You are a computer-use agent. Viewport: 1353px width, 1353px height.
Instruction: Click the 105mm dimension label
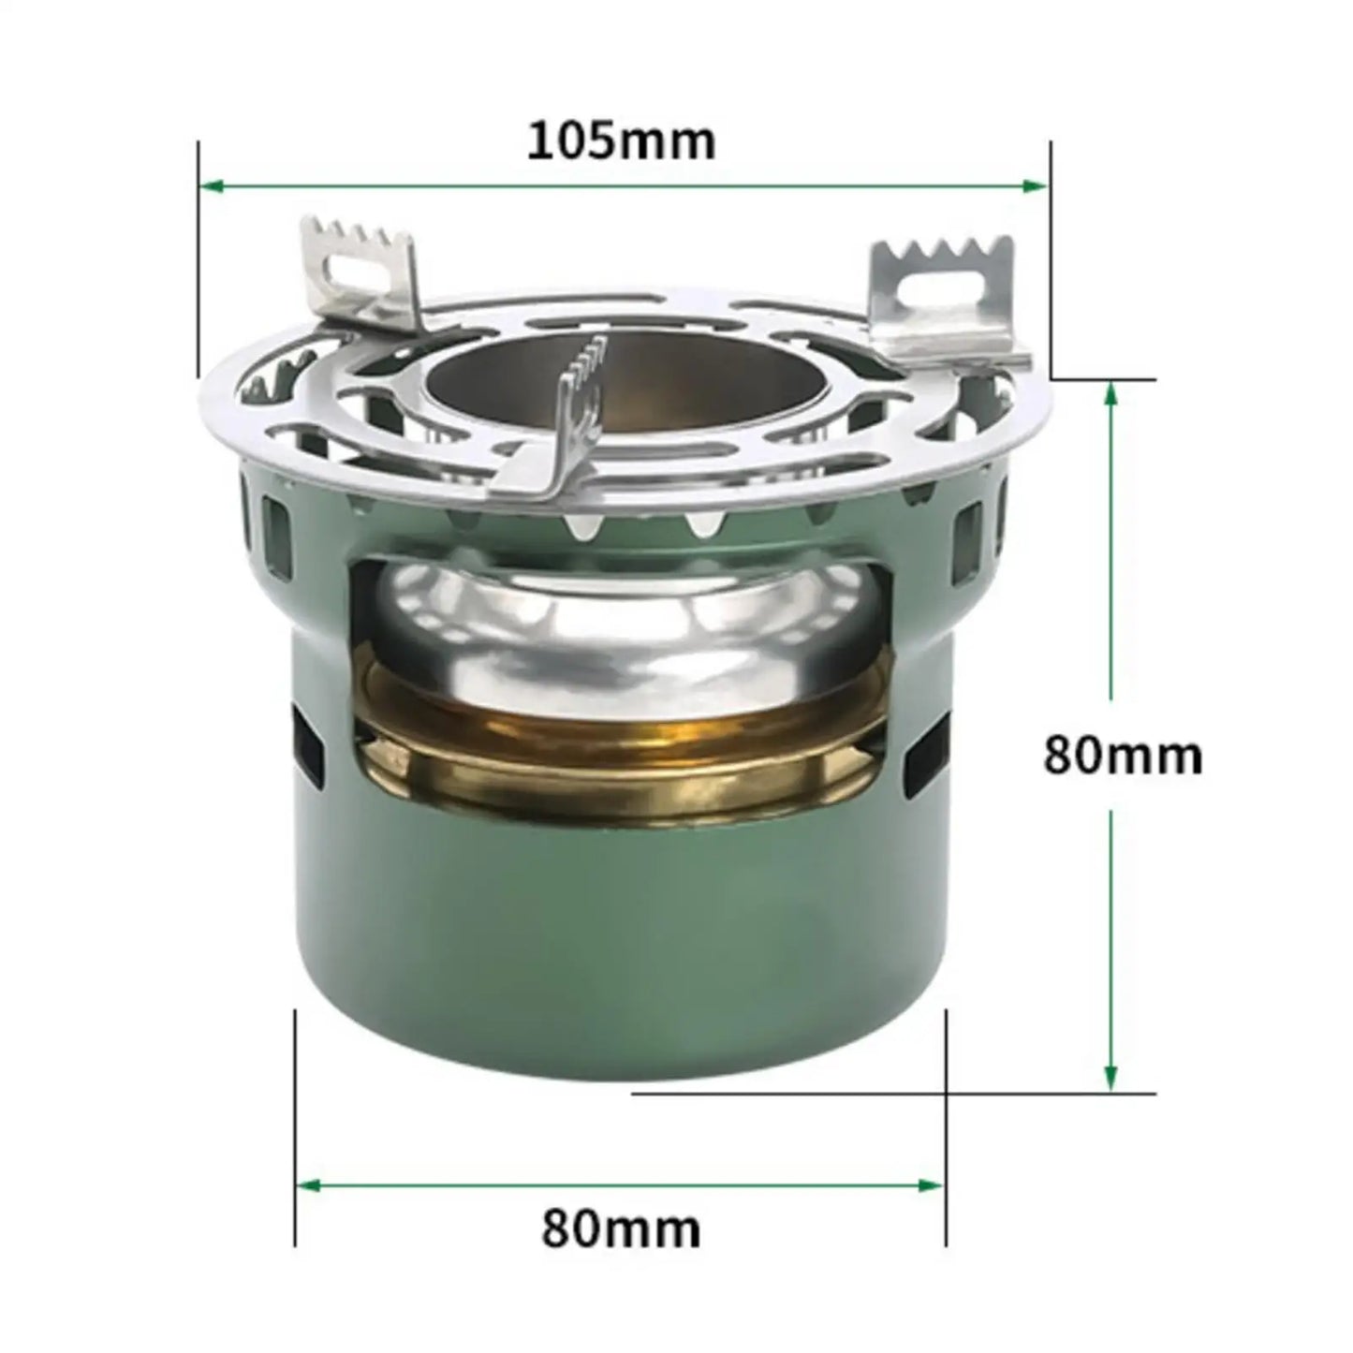622,141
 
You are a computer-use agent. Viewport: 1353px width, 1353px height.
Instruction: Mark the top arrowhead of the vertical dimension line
1111,393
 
